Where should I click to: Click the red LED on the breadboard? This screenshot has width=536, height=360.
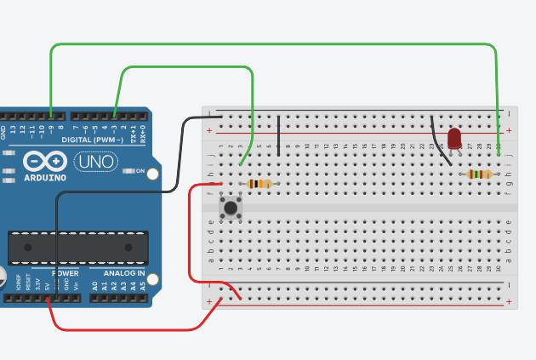pyautogui.click(x=454, y=138)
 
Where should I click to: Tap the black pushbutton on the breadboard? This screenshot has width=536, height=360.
pyautogui.click(x=231, y=207)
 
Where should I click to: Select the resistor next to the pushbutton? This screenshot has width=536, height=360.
pyautogui.click(x=259, y=184)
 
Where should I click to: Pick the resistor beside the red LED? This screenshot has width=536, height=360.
pyautogui.click(x=480, y=174)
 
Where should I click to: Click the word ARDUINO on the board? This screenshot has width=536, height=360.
pyautogui.click(x=44, y=178)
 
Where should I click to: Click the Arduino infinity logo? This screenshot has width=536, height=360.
pyautogui.click(x=45, y=161)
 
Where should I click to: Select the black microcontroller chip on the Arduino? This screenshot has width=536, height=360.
pyautogui.click(x=77, y=247)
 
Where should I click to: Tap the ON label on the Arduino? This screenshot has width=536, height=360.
pyautogui.click(x=140, y=171)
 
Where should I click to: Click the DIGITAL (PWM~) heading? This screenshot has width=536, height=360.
pyautogui.click(x=93, y=140)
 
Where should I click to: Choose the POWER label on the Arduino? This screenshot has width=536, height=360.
pyautogui.click(x=66, y=273)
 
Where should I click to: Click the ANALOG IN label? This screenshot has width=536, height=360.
pyautogui.click(x=124, y=273)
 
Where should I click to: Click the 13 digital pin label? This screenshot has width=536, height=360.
pyautogui.click(x=12, y=130)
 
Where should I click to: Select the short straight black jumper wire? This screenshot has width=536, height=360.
pyautogui.click(x=279, y=134)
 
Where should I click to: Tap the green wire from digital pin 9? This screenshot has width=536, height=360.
pyautogui.click(x=272, y=44)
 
